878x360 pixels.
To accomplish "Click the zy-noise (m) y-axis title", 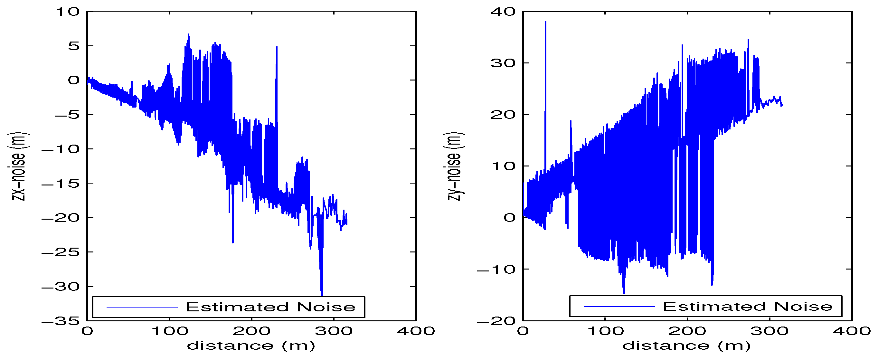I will point(454,166).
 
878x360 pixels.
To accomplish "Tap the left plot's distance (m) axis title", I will point(251,346).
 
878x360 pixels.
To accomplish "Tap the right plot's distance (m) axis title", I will point(686,346).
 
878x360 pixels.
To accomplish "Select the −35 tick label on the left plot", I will point(61,321).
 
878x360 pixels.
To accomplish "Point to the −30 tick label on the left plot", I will point(61,287).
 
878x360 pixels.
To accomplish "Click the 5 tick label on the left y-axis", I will point(74,46).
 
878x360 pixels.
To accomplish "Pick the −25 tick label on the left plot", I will point(61,252).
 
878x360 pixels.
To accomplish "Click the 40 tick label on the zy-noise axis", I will point(503,12).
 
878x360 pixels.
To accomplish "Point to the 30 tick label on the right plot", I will point(503,63).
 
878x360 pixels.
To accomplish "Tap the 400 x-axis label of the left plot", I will point(416,331).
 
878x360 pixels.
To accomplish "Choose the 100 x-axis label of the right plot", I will point(605,331).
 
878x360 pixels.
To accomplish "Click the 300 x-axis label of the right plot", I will point(769,331).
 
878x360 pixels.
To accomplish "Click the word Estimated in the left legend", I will point(237,307).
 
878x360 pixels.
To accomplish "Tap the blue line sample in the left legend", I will point(142,307).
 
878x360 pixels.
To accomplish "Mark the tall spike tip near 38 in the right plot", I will point(545,22).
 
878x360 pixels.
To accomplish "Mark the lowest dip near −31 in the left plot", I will point(321,295).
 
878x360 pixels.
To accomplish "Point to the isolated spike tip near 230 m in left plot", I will point(277,47).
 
